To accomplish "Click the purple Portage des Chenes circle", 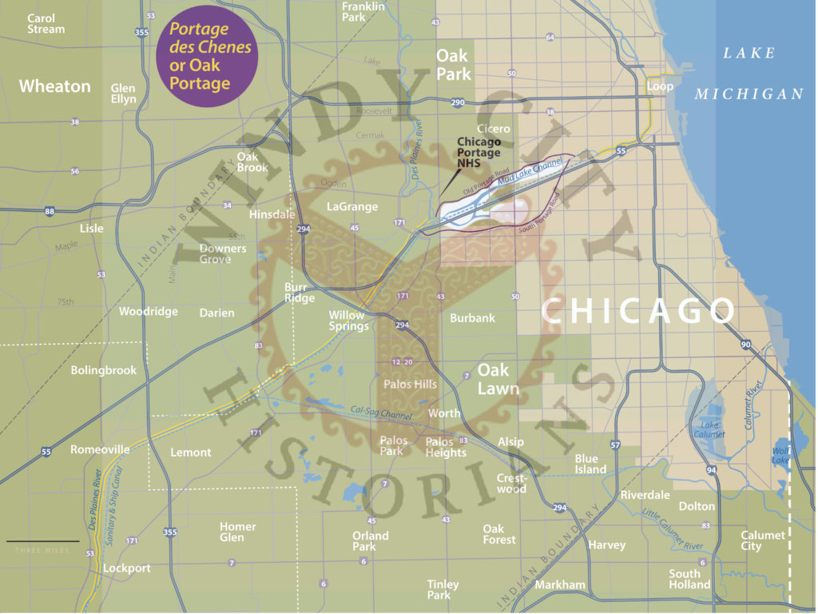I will [207, 55].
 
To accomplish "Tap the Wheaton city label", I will [54, 86].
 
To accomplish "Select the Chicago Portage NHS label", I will [478, 153].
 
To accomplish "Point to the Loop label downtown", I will [660, 86].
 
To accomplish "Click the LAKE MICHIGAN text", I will [749, 74].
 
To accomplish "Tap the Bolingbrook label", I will [104, 370].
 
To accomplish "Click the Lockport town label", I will [126, 568].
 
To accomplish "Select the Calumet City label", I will [762, 540].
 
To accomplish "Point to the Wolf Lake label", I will [780, 456].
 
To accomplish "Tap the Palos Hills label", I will [411, 384].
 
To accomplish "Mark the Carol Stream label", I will [46, 23].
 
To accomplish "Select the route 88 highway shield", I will [50, 211].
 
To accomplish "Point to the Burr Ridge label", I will [300, 293].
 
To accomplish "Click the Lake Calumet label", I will [709, 429].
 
